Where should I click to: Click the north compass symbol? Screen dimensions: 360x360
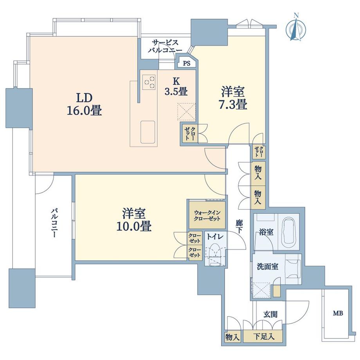pyautogui.click(x=296, y=28)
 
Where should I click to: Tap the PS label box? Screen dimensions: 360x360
pyautogui.click(x=187, y=63)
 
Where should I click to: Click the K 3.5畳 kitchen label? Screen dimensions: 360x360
pyautogui.click(x=176, y=86)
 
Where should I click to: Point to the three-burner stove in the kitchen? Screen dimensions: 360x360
pyautogui.click(x=149, y=82)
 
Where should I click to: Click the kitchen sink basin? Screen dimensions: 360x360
pyautogui.click(x=148, y=132)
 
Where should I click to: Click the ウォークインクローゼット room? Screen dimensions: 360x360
pyautogui.click(x=207, y=215)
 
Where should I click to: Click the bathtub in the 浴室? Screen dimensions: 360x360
pyautogui.click(x=289, y=232)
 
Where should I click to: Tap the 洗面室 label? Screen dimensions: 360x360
pyautogui.click(x=268, y=266)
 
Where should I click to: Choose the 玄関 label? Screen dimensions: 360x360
pyautogui.click(x=270, y=314)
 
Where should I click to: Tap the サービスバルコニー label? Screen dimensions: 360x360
pyautogui.click(x=165, y=47)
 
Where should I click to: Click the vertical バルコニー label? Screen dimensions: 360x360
pyautogui.click(x=54, y=223)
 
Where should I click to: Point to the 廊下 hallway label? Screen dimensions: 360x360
pyautogui.click(x=239, y=227)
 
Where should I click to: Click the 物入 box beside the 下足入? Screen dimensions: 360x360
pyautogui.click(x=232, y=337)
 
